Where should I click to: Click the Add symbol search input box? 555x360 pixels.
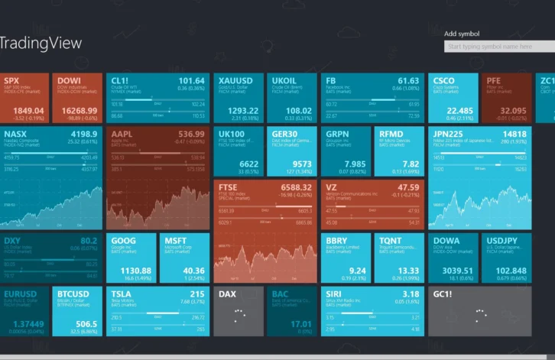coord(498,47)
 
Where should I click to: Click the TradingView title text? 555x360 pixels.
coord(41,44)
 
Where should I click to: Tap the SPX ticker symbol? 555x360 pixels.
coord(11,80)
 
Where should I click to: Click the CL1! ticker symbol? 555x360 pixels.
coord(120,80)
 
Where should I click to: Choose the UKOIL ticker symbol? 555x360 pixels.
coord(284,80)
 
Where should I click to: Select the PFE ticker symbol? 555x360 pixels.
coord(493,80)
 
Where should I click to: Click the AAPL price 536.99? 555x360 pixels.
coord(189,135)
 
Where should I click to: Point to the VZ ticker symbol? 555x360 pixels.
coord(331,187)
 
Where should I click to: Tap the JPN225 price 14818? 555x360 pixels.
coord(514,135)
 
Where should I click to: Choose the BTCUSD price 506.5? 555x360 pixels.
coord(86,323)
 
